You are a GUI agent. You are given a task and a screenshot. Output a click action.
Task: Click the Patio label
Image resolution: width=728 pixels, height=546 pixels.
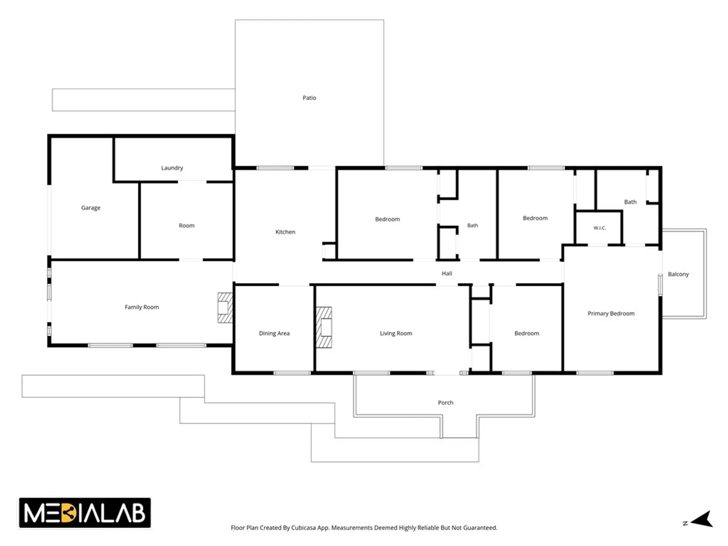pyautogui.click(x=309, y=98)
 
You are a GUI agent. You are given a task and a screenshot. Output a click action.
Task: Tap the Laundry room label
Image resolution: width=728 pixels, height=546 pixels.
pyautogui.click(x=172, y=168)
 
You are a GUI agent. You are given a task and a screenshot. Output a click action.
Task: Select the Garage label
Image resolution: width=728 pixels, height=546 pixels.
pyautogui.click(x=90, y=208)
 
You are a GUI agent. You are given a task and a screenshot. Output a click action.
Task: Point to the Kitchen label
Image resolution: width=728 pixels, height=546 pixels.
pyautogui.click(x=285, y=232)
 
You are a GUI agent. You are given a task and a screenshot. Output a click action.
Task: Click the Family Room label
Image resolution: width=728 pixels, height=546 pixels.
pyautogui.click(x=142, y=307)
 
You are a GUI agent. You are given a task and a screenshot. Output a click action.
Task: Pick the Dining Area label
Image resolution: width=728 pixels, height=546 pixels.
pyautogui.click(x=274, y=334)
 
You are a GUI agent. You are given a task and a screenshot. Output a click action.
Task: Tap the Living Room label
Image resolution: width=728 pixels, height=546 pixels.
pyautogui.click(x=396, y=334)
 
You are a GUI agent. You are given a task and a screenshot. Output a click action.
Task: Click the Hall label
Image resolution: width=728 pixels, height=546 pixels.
pyautogui.click(x=446, y=274)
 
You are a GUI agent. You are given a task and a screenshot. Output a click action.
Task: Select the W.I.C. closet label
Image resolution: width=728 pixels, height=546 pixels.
pyautogui.click(x=599, y=228)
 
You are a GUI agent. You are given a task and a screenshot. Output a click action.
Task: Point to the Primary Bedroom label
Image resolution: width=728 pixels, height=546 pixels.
pyautogui.click(x=611, y=313)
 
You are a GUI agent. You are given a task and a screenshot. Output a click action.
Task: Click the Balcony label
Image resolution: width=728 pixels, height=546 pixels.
pyautogui.click(x=678, y=274)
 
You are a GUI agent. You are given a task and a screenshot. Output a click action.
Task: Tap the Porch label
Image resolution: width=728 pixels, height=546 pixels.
pyautogui.click(x=445, y=402)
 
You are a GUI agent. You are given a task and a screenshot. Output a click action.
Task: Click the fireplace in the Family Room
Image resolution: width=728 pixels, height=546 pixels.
pyautogui.click(x=225, y=308)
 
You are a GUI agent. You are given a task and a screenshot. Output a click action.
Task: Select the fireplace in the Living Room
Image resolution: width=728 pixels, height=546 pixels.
pyautogui.click(x=324, y=328)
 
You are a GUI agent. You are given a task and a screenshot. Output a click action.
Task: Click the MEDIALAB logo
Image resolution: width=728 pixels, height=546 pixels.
pyautogui.click(x=84, y=513)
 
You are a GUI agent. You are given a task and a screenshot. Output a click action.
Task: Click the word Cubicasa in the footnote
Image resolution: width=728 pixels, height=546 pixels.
pyautogui.click(x=303, y=528)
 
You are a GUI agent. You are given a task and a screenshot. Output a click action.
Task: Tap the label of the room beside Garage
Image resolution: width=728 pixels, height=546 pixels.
pyautogui.click(x=187, y=226)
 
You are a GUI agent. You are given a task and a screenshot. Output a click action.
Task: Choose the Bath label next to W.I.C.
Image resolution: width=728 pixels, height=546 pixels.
pyautogui.click(x=630, y=202)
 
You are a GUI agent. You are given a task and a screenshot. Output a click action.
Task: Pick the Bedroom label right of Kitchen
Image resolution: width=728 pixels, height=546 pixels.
pyautogui.click(x=387, y=219)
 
